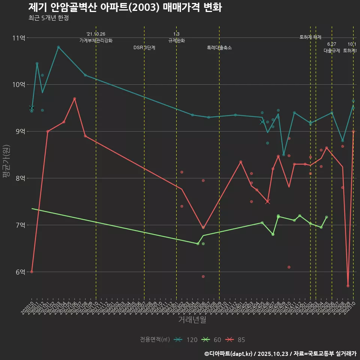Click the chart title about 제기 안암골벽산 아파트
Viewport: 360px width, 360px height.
125,7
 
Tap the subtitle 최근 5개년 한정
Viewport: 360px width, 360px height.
48,18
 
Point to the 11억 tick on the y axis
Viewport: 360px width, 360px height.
19,38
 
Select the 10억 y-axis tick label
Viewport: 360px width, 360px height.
19,85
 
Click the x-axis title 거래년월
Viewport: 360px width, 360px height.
192,320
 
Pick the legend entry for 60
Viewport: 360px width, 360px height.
212,340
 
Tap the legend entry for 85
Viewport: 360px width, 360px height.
235,340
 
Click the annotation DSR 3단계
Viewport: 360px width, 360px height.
144,48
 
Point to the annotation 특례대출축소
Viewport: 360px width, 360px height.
219,48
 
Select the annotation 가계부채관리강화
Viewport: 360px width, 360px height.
96,40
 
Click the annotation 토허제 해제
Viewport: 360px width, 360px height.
310,37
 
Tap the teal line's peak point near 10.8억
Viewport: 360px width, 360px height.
58,47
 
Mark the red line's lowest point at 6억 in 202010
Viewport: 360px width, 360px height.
32,271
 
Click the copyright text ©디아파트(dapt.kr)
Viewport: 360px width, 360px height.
229,354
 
